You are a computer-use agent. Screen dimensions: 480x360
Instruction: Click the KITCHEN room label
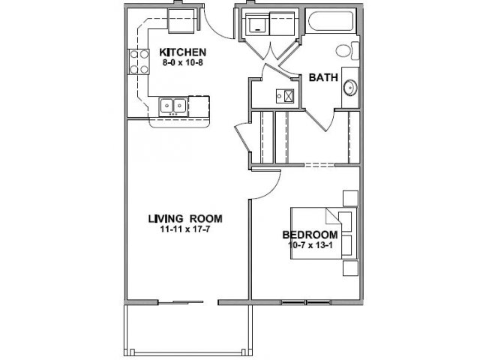(x=183, y=52)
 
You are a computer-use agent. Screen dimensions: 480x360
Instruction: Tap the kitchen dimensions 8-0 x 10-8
(x=183, y=63)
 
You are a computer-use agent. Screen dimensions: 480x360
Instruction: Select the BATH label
(x=323, y=77)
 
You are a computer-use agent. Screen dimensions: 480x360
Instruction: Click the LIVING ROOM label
(x=185, y=219)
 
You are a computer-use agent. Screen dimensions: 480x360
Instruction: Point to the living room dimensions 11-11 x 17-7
(x=185, y=229)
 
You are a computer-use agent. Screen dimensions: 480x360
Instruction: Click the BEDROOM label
(x=310, y=235)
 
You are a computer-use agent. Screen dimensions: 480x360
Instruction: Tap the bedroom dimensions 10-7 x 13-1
(x=310, y=245)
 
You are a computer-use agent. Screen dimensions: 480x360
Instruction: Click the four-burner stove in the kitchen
(x=139, y=61)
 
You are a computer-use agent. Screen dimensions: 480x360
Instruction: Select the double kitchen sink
(x=173, y=106)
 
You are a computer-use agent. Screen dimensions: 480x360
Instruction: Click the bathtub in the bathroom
(x=331, y=21)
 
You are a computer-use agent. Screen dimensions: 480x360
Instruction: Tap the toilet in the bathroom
(x=347, y=50)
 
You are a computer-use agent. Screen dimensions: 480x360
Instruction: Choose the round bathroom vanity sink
(x=350, y=88)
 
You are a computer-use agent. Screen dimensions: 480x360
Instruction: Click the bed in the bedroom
(x=324, y=233)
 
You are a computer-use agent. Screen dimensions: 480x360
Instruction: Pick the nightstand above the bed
(x=350, y=198)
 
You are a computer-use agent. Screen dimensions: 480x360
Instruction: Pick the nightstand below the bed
(x=350, y=268)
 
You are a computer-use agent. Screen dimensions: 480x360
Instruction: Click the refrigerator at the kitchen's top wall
(x=181, y=20)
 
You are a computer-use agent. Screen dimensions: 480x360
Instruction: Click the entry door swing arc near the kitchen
(x=215, y=28)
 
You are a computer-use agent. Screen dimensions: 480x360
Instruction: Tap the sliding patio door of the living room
(x=181, y=302)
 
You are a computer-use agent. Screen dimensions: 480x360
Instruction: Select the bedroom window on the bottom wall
(x=305, y=302)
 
